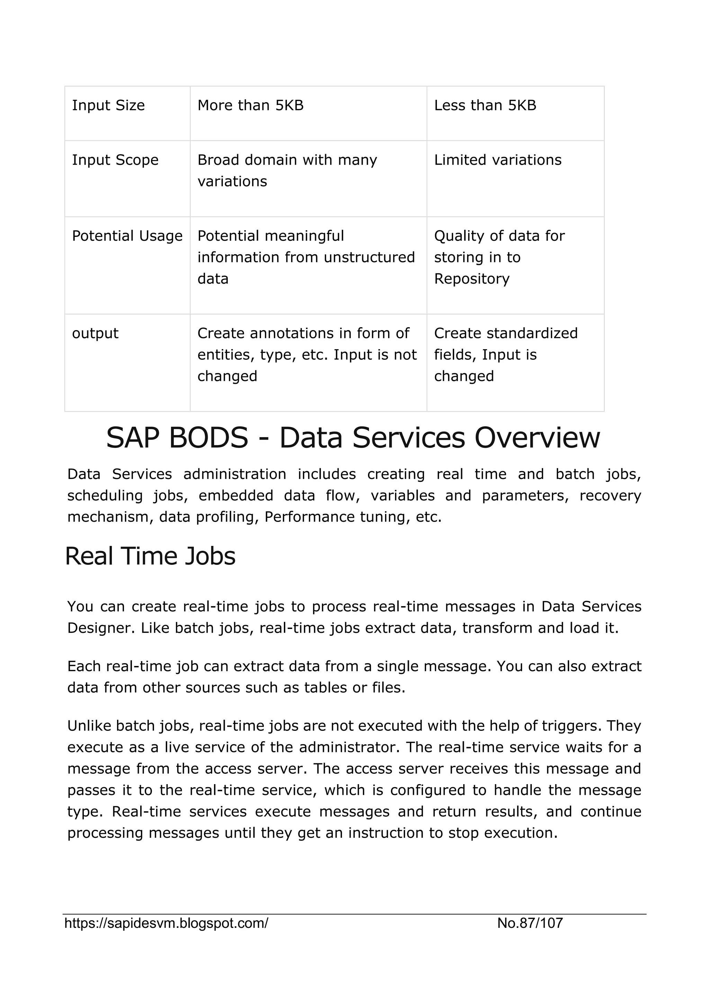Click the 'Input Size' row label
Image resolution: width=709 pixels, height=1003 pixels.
(108, 105)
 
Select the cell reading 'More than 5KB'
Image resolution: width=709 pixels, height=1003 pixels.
(250, 105)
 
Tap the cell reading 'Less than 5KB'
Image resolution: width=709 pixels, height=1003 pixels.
(485, 105)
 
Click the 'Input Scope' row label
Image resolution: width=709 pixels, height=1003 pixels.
(115, 160)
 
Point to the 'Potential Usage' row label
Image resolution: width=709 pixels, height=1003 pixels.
(127, 236)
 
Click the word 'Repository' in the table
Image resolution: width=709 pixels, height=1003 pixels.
(472, 279)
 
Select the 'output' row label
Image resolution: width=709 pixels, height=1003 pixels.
(95, 333)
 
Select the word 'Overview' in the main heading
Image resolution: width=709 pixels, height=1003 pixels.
(537, 438)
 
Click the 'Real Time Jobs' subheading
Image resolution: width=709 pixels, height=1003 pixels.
(150, 556)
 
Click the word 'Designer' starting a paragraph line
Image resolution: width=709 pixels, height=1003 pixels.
(97, 628)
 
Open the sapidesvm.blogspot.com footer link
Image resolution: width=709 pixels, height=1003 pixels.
(166, 923)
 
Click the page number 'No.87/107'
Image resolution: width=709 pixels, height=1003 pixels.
(530, 923)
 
